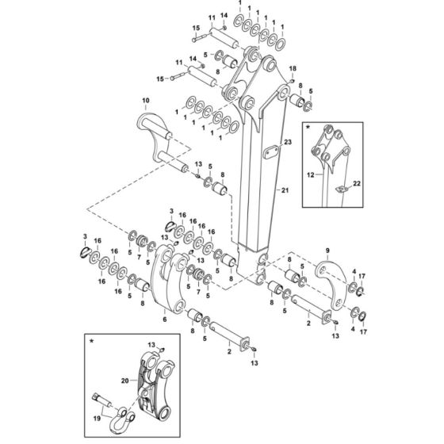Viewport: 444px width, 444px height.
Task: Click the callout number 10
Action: point(146,100)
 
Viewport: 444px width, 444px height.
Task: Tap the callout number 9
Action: point(327,251)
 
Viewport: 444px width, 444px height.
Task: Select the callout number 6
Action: point(165,320)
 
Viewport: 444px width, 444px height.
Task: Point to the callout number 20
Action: point(125,381)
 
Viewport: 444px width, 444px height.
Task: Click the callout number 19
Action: point(97,419)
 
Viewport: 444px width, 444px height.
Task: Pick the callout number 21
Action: point(285,190)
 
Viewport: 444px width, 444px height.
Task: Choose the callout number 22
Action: point(357,183)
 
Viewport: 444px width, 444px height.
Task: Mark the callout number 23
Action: point(288,142)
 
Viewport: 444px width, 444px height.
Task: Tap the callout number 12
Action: point(311,175)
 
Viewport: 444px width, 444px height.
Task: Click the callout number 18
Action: point(293,68)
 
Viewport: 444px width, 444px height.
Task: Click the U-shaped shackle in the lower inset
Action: point(120,420)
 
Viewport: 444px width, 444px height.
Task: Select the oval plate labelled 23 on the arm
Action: point(271,152)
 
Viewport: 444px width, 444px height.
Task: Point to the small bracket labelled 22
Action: point(342,189)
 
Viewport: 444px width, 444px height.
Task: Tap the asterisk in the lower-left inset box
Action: point(91,341)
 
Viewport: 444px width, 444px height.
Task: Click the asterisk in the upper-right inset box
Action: point(308,128)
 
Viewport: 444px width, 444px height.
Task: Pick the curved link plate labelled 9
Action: point(331,286)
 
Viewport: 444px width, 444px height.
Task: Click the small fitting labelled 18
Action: point(292,81)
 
